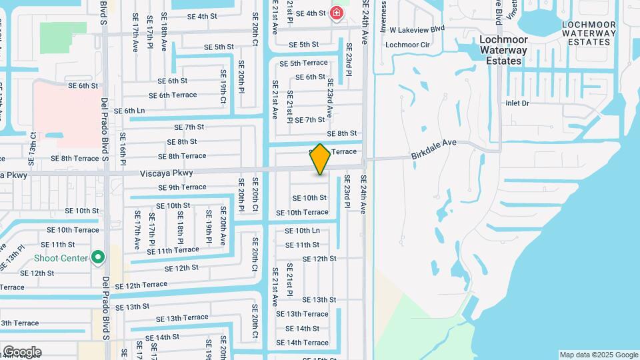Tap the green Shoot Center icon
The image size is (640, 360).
(98, 257)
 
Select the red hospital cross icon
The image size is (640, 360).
(336, 13)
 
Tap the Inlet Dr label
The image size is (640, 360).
(517, 103)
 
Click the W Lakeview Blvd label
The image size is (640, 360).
(417, 30)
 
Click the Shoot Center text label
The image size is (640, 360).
(61, 258)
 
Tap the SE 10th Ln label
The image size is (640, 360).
(303, 231)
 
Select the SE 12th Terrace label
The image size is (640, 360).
(141, 285)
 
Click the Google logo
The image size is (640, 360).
(22, 352)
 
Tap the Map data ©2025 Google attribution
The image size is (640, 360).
(598, 355)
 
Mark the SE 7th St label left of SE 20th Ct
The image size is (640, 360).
(189, 127)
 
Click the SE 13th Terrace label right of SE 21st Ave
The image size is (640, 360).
(302, 314)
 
